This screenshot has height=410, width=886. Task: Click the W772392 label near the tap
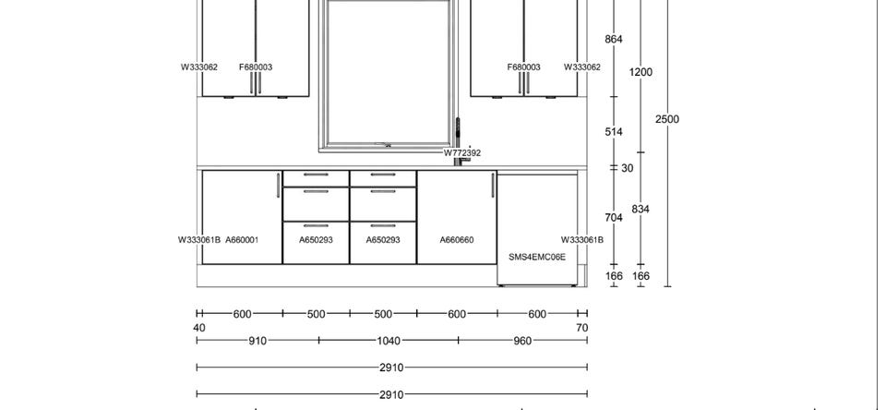[462, 152]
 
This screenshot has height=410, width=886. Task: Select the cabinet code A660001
[242, 240]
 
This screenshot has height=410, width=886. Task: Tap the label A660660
[457, 240]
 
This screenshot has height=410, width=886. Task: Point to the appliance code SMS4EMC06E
[537, 257]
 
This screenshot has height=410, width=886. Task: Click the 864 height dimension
[614, 39]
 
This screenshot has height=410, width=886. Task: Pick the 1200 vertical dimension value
[641, 72]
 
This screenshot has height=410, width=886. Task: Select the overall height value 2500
[667, 119]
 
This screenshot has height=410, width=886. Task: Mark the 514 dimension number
[614, 132]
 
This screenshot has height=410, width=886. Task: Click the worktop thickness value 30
[628, 168]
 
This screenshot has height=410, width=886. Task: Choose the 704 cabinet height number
[614, 217]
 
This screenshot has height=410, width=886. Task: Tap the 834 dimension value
[641, 210]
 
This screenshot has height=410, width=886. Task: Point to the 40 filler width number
[199, 328]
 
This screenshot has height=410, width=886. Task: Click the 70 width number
[582, 328]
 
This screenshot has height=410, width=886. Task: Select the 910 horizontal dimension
[257, 341]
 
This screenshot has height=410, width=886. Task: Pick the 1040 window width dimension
[389, 341]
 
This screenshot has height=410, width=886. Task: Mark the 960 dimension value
[522, 341]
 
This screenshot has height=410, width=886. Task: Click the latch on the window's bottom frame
[388, 145]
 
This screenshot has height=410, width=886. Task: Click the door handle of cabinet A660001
[278, 186]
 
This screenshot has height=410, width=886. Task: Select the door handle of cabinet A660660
[493, 186]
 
